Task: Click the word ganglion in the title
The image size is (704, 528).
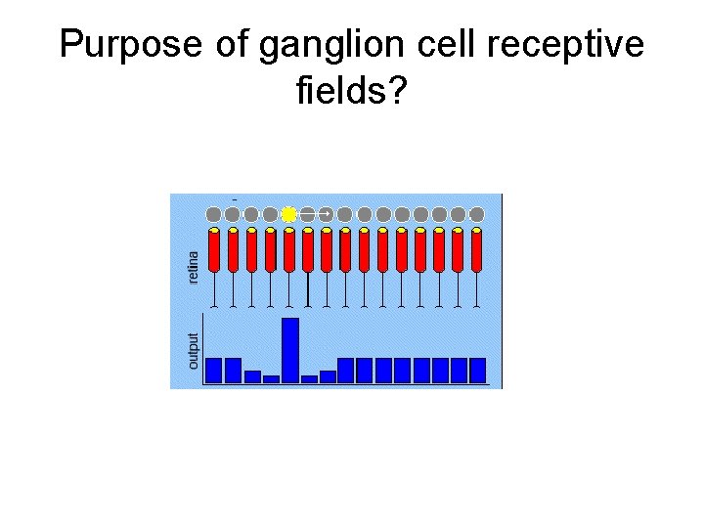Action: tap(310, 46)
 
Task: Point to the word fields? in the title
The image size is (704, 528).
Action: tap(351, 91)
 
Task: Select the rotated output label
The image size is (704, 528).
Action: tap(193, 350)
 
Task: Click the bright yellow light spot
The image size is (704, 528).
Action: tap(288, 213)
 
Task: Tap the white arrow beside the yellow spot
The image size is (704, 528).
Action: tap(315, 213)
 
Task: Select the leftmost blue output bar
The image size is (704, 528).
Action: tap(214, 370)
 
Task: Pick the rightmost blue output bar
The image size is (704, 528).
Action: tap(477, 370)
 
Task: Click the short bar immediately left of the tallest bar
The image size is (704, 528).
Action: tap(271, 378)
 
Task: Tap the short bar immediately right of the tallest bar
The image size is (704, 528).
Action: tap(309, 378)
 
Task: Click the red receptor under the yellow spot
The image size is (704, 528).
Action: tap(288, 250)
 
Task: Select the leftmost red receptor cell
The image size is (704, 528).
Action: tap(213, 250)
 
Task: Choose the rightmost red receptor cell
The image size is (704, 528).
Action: tap(477, 250)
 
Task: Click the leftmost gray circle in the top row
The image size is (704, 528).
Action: tap(213, 213)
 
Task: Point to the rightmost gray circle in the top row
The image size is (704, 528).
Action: tap(477, 213)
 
